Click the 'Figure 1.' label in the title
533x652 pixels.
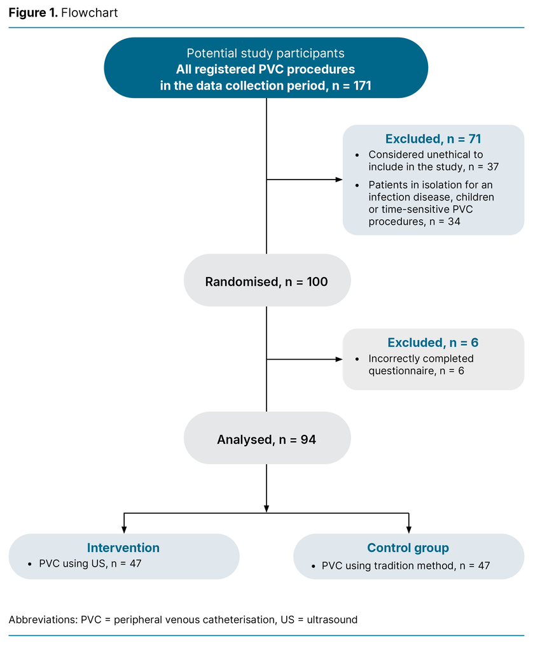[32, 13]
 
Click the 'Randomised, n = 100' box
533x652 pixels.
[266, 281]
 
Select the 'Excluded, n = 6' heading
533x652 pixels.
[433, 343]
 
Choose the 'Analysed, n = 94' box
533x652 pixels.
[266, 439]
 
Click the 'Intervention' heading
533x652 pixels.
[123, 548]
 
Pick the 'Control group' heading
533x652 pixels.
[408, 548]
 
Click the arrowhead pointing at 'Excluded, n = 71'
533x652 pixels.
[339, 180]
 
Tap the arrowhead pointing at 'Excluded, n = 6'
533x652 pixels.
[339, 359]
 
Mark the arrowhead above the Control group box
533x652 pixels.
[408, 529]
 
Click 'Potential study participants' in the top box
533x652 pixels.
[265, 53]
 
